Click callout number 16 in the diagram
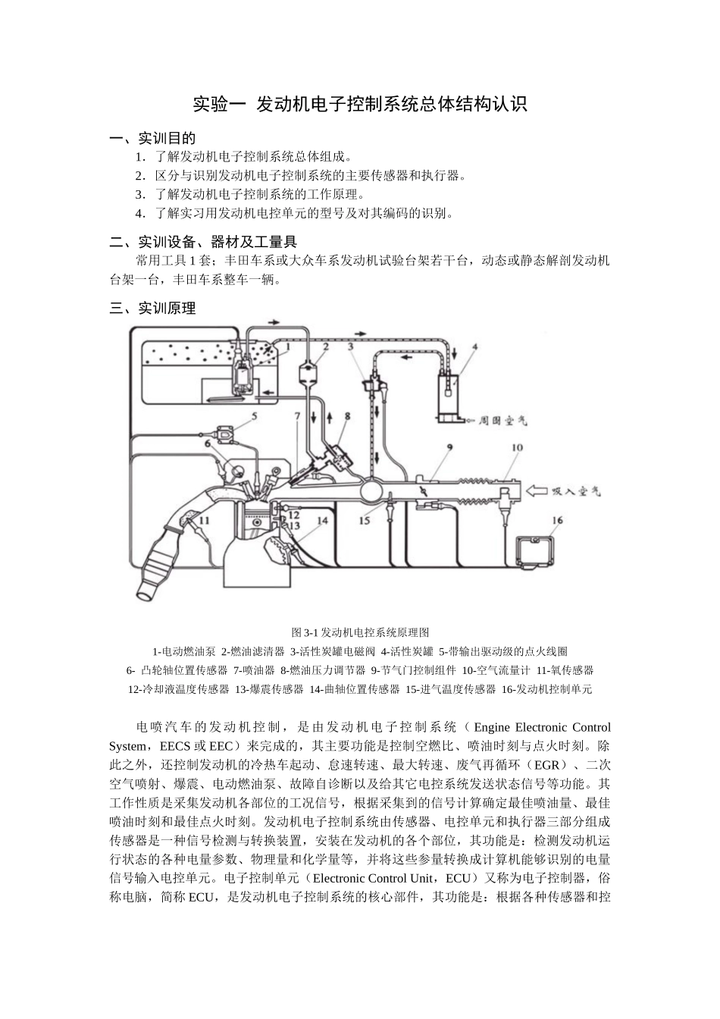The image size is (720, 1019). point(558,520)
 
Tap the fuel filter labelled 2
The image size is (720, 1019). point(308,374)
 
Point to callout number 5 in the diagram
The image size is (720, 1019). point(254,415)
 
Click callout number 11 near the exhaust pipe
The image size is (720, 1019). point(203,520)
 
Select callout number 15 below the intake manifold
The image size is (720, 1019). point(364,520)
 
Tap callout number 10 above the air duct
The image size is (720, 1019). point(516,448)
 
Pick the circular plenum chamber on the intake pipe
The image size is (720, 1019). point(374,490)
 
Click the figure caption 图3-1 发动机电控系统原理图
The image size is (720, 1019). point(361,632)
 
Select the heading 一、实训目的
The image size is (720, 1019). point(153,139)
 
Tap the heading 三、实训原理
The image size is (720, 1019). point(153,309)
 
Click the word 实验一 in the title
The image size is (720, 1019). point(213,105)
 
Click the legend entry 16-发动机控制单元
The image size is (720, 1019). point(547,689)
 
